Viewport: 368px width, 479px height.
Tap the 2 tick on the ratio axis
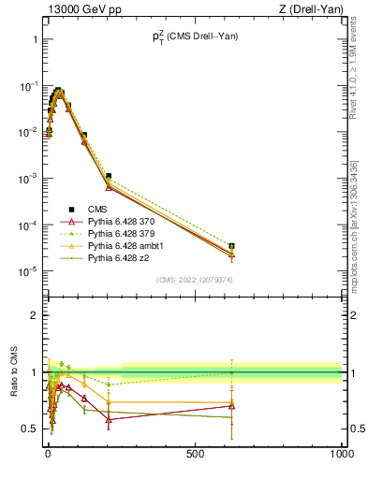[x=33, y=315]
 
